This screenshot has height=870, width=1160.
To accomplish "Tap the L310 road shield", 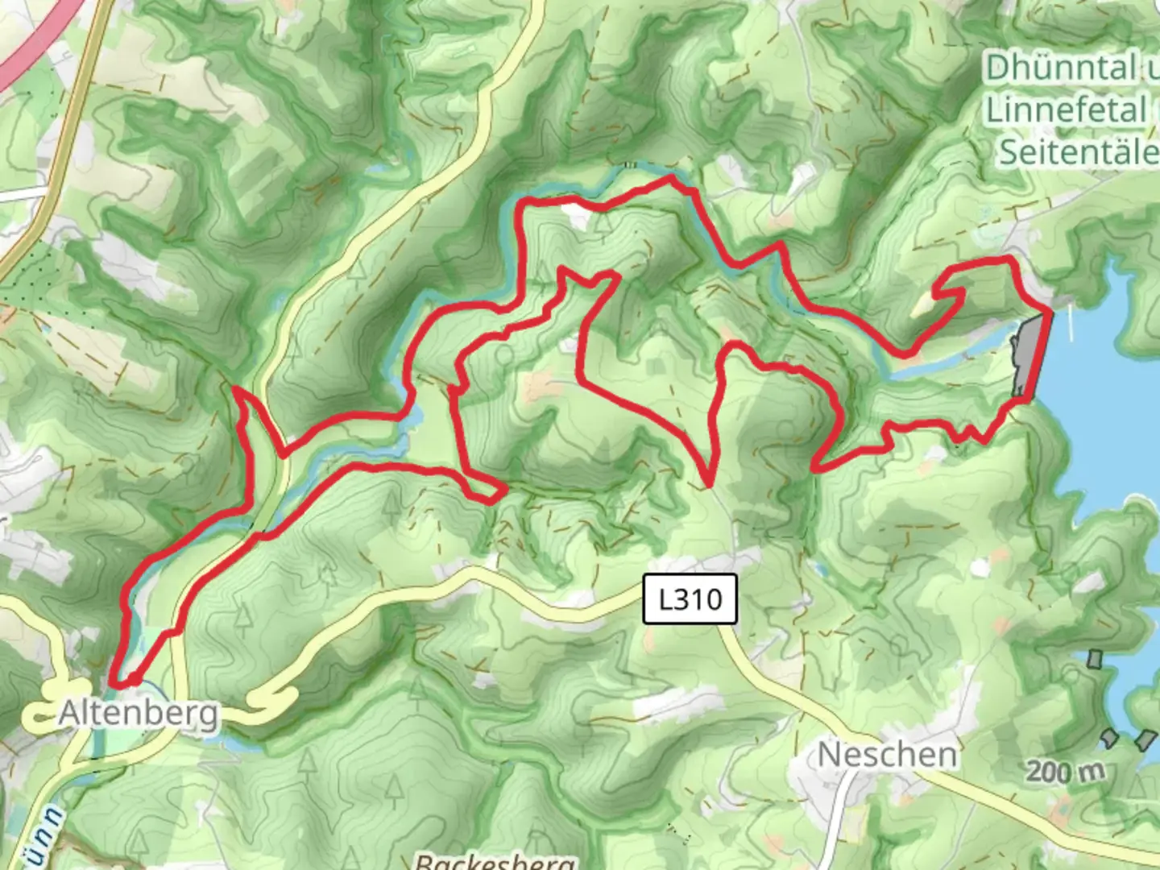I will pyautogui.click(x=690, y=599).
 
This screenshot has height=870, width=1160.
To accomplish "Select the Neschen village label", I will pyautogui.click(x=887, y=756).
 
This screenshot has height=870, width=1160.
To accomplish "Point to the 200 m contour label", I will pyautogui.click(x=1065, y=772).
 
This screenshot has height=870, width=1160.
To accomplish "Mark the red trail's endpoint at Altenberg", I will pyautogui.click(x=117, y=683).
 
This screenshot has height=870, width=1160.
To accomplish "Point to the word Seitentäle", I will pyautogui.click(x=1078, y=152).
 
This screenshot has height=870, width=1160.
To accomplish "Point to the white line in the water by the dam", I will pyautogui.click(x=1071, y=322).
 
